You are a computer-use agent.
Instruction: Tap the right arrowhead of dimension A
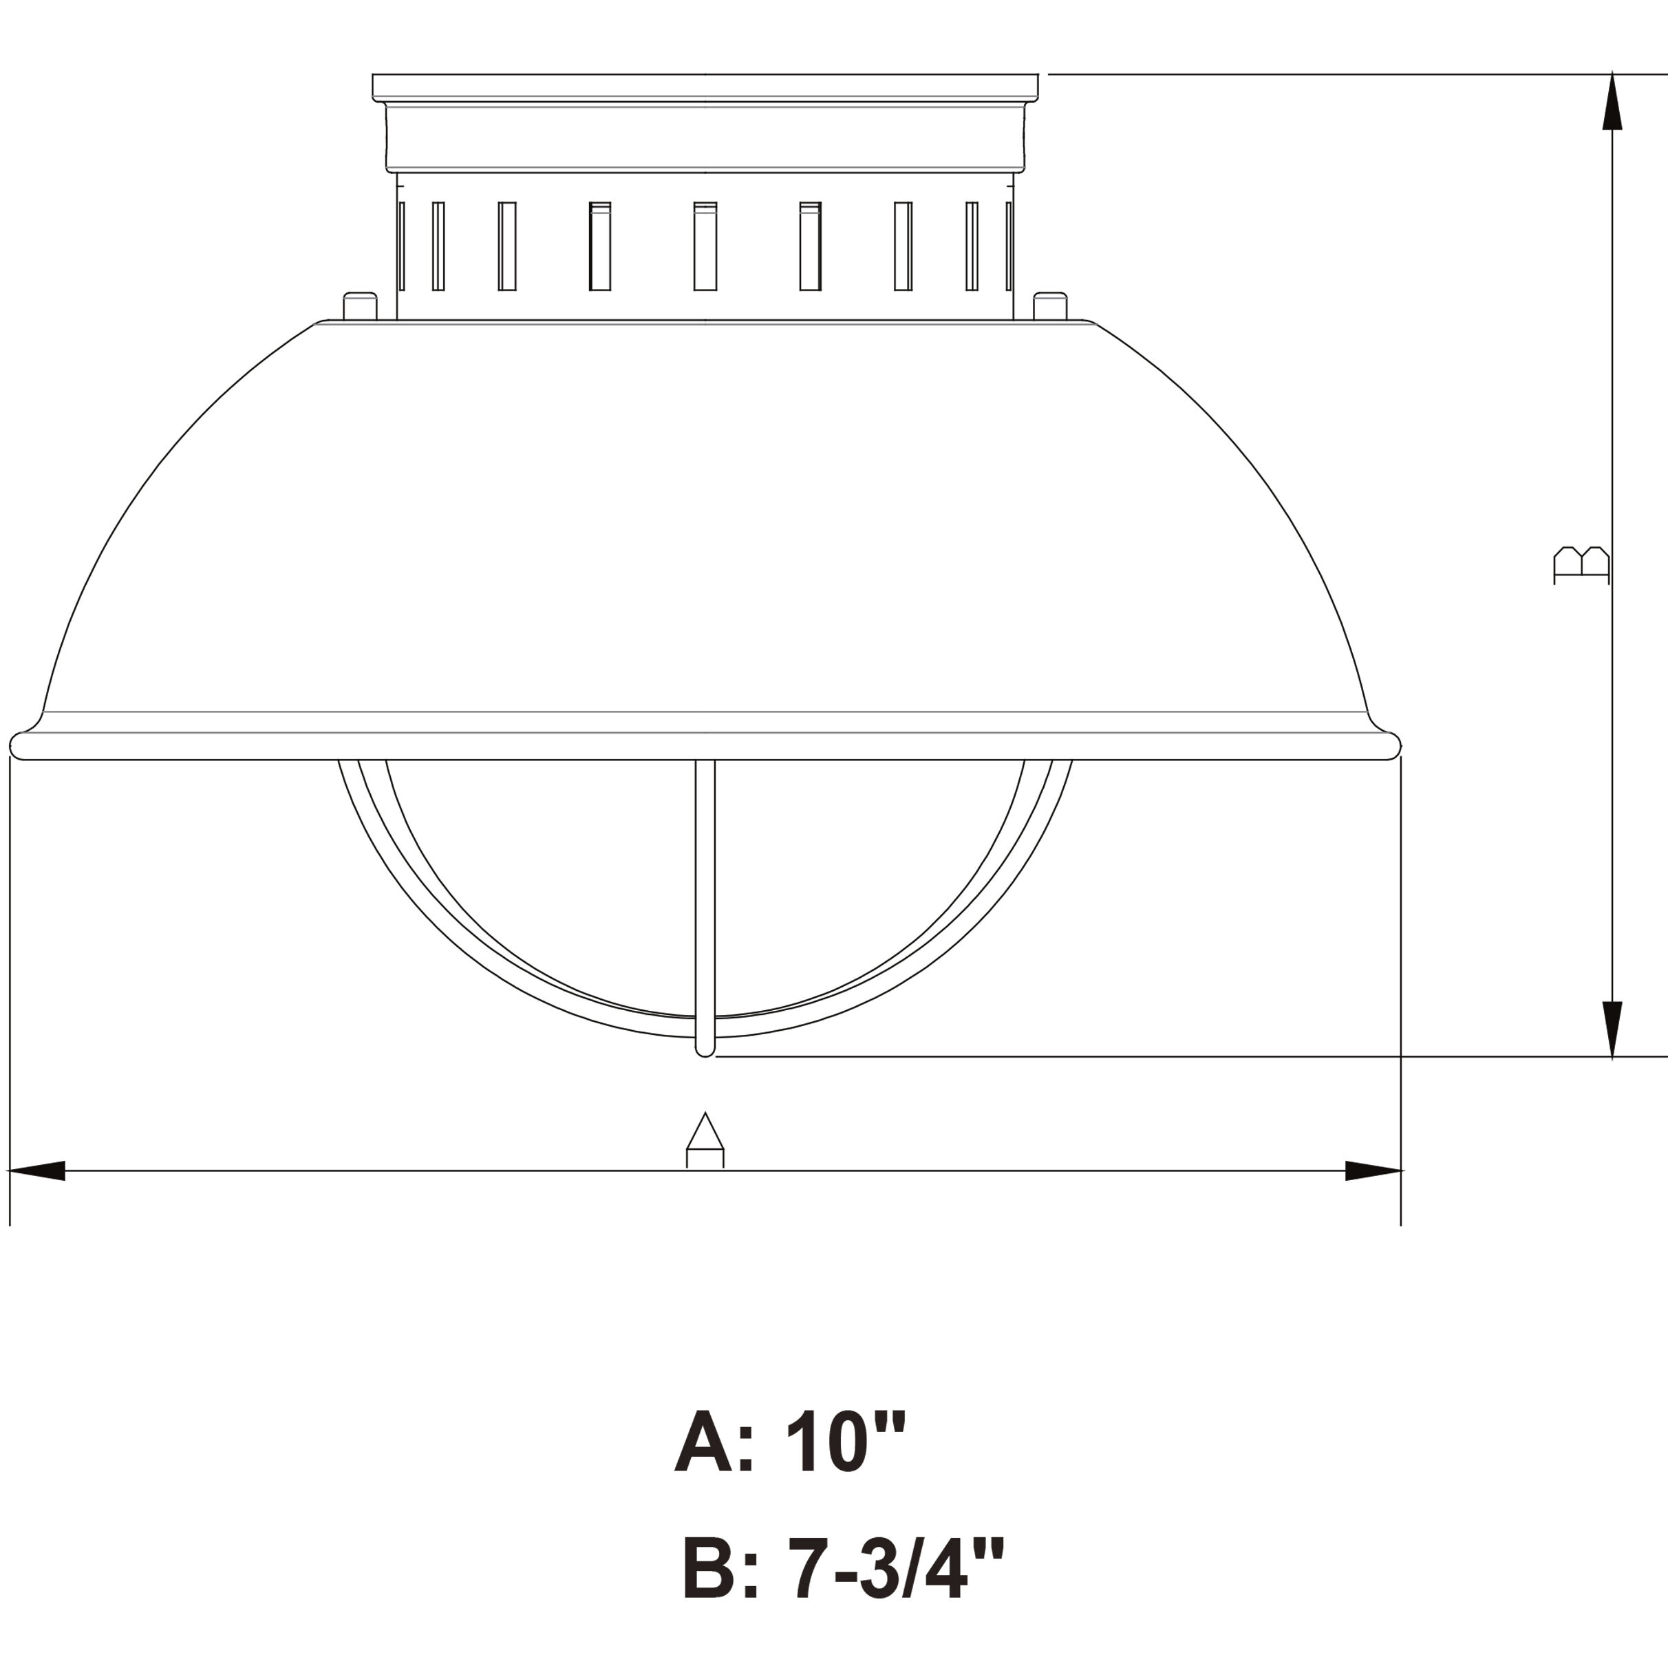(1373, 1170)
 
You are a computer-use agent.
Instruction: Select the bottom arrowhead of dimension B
(1612, 1029)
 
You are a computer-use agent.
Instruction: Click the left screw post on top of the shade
(360, 306)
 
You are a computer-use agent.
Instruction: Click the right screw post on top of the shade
(1050, 306)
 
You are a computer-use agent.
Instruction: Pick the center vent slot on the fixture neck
(705, 246)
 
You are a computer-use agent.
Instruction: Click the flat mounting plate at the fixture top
(705, 85)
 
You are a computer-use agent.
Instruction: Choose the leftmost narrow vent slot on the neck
(403, 246)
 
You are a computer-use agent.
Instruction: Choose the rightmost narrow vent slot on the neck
(1008, 246)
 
